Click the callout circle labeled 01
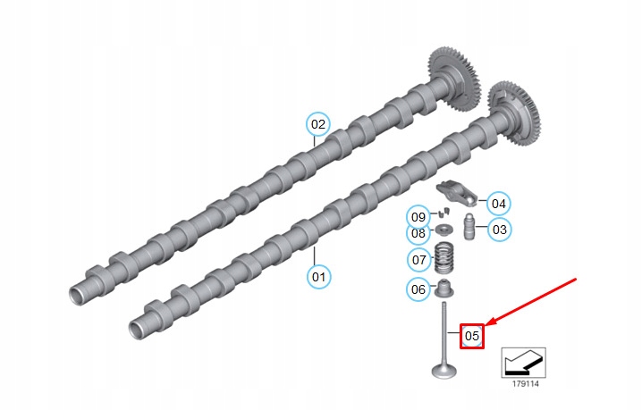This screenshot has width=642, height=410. (x=318, y=277)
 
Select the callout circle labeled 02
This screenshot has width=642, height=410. (x=318, y=124)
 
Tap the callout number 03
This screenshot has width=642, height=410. (x=500, y=230)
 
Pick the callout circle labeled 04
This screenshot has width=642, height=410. (x=499, y=204)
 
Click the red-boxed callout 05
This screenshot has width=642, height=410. (x=472, y=336)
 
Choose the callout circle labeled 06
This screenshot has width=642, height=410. (x=418, y=289)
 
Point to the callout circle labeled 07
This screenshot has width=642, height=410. (x=419, y=260)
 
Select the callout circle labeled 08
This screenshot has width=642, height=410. (x=418, y=234)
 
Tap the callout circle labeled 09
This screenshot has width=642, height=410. (x=418, y=216)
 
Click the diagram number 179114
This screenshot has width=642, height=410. (x=525, y=384)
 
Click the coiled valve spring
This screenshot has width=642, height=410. (x=443, y=258)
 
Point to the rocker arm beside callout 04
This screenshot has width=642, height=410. (x=457, y=192)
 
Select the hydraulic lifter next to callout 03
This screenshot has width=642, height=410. (x=469, y=227)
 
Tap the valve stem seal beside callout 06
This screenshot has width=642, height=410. (x=443, y=289)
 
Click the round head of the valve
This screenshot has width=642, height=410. (x=443, y=371)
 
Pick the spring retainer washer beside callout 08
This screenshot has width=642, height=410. (x=443, y=230)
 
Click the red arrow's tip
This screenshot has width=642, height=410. (x=486, y=326)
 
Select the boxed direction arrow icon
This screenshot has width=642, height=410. (x=524, y=363)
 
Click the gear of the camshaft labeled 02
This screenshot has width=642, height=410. (x=454, y=78)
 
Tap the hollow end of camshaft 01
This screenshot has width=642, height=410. (x=138, y=330)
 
